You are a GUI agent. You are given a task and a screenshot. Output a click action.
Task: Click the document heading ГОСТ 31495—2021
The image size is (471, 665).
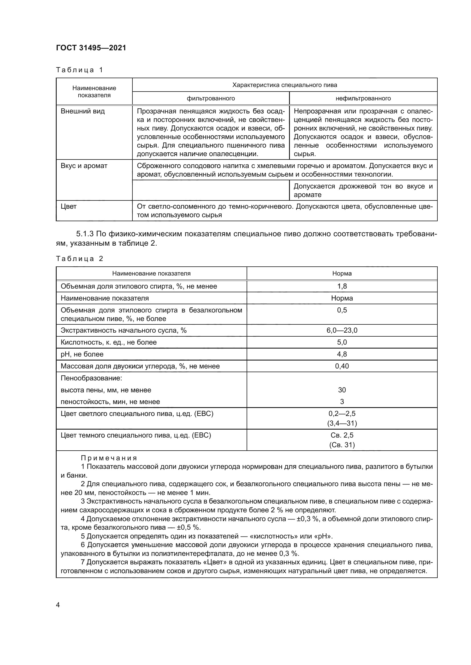pos(91,48)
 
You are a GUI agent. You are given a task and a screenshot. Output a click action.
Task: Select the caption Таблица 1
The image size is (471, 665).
pos(79,70)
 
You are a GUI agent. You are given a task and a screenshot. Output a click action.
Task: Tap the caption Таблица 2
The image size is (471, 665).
pos(79,259)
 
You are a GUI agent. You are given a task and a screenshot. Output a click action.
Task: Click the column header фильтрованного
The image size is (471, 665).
pos(210,98)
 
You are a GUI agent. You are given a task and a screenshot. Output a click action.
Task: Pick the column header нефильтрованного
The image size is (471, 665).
pos(363,98)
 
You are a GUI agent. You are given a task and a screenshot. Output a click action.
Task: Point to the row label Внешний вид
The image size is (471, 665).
pos(83,111)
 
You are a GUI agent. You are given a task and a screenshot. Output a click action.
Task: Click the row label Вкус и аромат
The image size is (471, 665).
pos(84,166)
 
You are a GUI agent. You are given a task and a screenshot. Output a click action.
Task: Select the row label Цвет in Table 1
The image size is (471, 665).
pos(68,206)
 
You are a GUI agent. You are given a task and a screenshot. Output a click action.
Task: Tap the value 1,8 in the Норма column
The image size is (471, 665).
pos(342,286)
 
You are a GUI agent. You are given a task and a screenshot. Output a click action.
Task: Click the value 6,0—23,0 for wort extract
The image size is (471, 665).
pos(342,330)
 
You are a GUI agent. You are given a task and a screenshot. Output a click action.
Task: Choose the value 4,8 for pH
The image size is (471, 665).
pos(342,354)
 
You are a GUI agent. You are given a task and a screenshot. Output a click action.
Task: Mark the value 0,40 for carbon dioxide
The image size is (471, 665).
pos(342,366)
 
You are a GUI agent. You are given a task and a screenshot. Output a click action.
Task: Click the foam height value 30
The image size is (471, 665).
pos(342,390)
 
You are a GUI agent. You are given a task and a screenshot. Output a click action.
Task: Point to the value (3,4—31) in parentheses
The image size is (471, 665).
pos(342,423)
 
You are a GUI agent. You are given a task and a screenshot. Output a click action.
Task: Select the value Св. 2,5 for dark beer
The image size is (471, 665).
pos(342,435)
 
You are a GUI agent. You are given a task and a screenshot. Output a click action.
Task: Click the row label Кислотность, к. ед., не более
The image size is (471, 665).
pos(108,342)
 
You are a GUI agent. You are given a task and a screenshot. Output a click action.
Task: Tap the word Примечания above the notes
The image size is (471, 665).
pos(109,458)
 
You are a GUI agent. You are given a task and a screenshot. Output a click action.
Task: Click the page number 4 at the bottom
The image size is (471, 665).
pos(58,605)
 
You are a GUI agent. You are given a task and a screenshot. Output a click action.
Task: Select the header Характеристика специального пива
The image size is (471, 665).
pos(284,85)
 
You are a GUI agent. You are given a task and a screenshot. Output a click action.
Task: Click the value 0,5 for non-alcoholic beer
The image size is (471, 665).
pos(342,310)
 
